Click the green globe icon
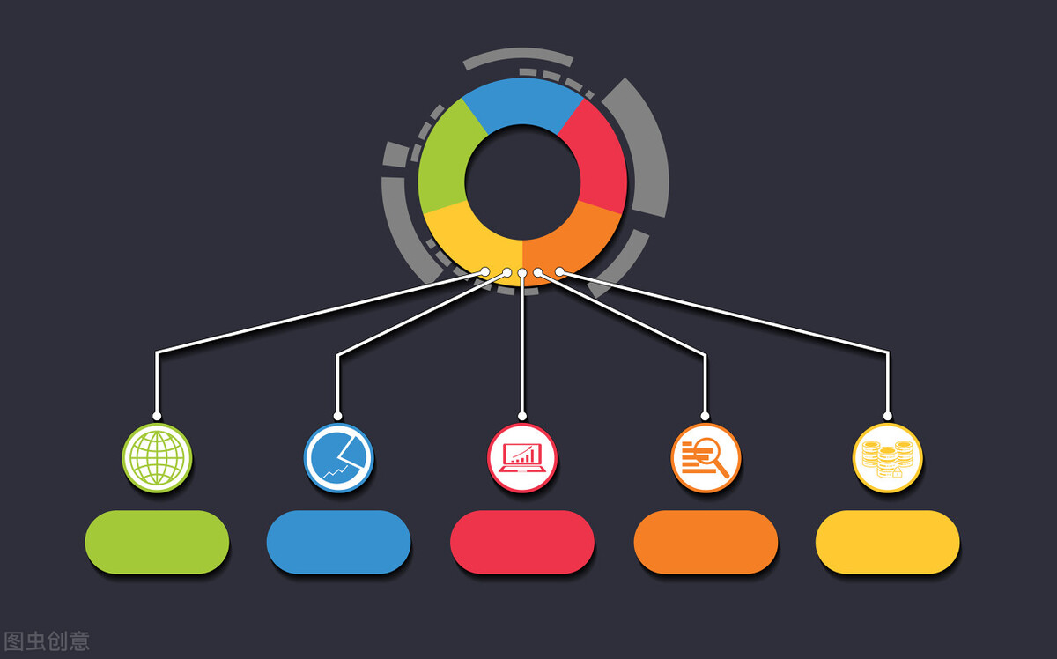157,458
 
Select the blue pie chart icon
339,458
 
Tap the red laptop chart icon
522,458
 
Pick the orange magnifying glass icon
706,458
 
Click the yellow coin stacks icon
888,458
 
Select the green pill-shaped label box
157,542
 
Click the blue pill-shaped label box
339,542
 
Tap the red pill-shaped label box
522,542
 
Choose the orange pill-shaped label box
706,542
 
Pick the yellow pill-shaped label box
888,542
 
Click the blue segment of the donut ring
522,101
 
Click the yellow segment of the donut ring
472,241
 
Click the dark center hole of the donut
522,182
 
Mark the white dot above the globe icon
157,416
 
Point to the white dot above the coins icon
888,416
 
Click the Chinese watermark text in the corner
46,641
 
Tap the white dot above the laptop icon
522,416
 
